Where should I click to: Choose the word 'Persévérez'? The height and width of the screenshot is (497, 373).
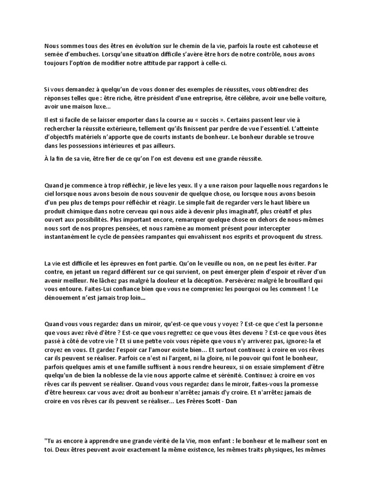coord(224,281)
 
